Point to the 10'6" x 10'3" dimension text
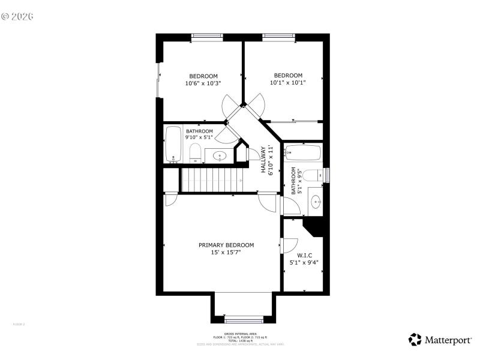point(203,83)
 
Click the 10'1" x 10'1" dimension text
point(288,83)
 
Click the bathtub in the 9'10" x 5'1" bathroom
point(174,145)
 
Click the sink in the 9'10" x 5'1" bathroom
point(220,157)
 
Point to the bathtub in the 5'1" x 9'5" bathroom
point(304,153)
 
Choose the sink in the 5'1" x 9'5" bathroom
point(316,200)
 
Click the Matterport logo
point(440,340)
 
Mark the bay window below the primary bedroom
point(244,319)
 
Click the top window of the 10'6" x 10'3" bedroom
point(207,37)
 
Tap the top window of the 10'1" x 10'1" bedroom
point(279,37)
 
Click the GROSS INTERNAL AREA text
point(240,334)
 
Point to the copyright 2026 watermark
point(17,16)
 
